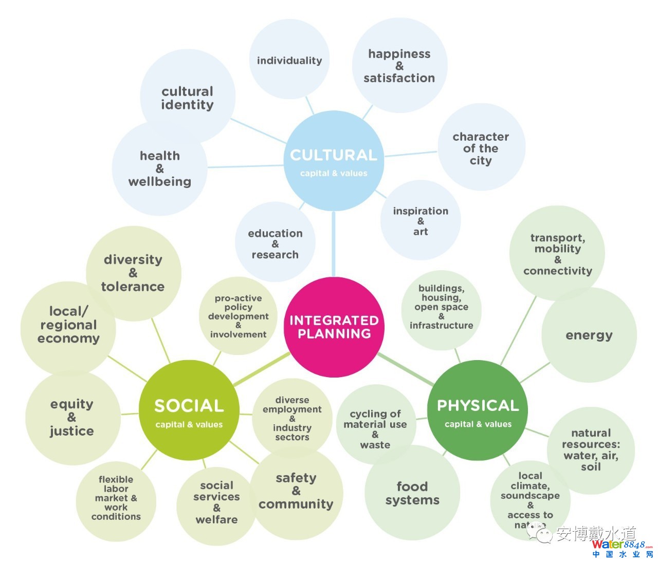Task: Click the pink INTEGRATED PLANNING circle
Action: tap(334, 327)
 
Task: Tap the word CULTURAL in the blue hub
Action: tap(334, 155)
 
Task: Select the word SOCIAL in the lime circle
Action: tap(189, 406)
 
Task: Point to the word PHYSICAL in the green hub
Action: tap(478, 405)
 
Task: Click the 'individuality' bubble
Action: tap(289, 61)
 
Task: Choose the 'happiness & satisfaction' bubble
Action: tap(399, 66)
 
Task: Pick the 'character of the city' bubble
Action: tap(481, 148)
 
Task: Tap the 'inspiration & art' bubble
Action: tap(421, 221)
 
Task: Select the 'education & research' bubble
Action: tap(275, 243)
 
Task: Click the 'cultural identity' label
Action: tap(187, 98)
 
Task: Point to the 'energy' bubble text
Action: tap(589, 335)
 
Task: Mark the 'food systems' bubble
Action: tap(412, 493)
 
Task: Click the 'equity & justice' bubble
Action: tap(72, 417)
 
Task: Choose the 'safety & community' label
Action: tap(296, 491)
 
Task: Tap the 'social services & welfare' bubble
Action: tap(216, 502)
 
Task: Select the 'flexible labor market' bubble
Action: tap(116, 498)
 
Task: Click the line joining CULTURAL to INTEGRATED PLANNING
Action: tap(334, 244)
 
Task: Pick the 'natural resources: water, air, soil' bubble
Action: tap(591, 449)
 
